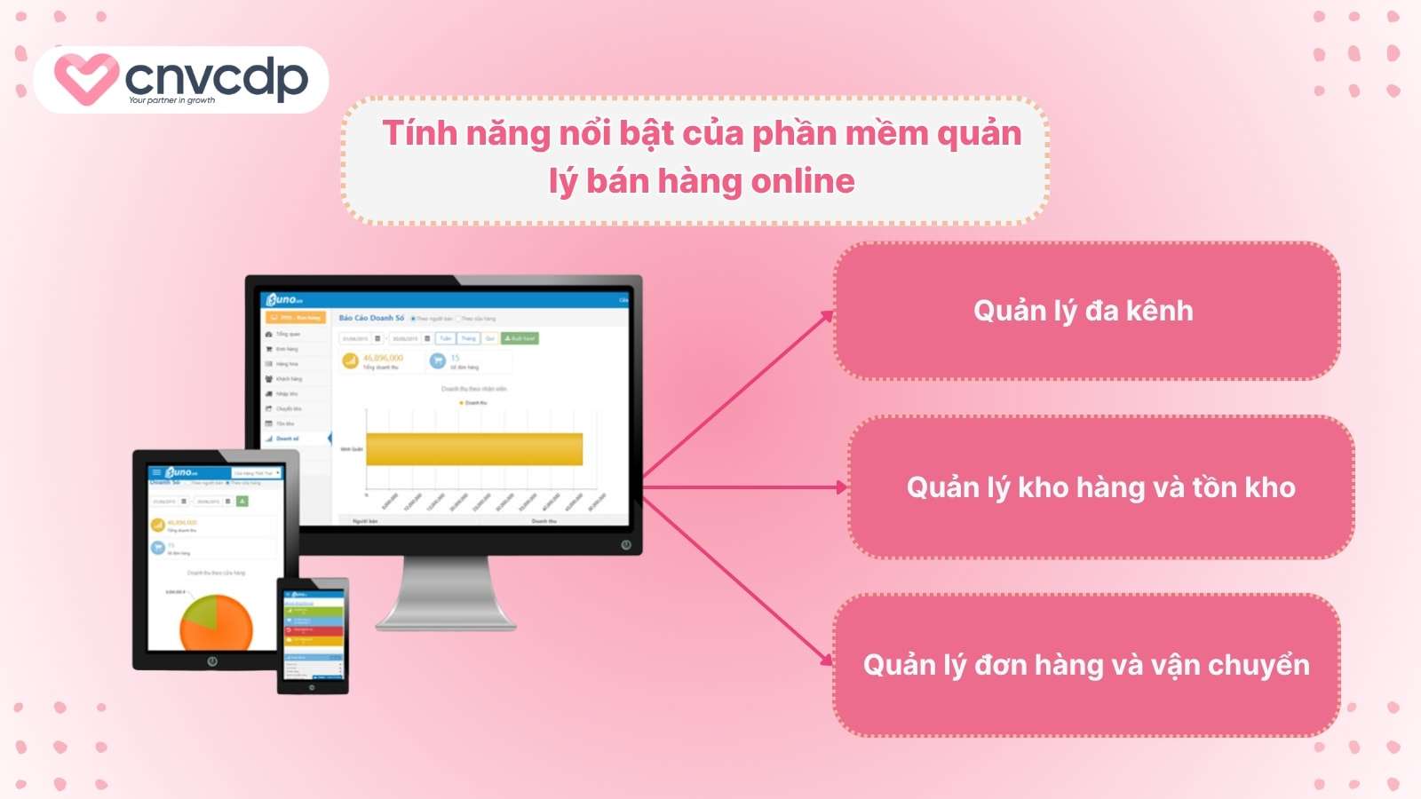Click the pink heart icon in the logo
[x=85, y=78]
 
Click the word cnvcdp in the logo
[x=217, y=76]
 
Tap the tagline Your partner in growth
[x=171, y=100]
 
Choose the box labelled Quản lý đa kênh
[x=1085, y=311]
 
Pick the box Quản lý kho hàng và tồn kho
[x=1100, y=487]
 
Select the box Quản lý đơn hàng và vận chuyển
[x=1085, y=665]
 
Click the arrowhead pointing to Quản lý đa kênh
[x=828, y=316]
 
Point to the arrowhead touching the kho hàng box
[x=842, y=487]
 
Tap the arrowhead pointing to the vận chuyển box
[x=828, y=660]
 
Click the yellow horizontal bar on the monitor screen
[x=474, y=449]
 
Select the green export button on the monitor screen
[x=520, y=338]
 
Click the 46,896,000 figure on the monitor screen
[x=383, y=358]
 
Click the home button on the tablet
[x=212, y=661]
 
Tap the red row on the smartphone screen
[x=313, y=629]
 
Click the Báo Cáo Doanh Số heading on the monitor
[x=371, y=318]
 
